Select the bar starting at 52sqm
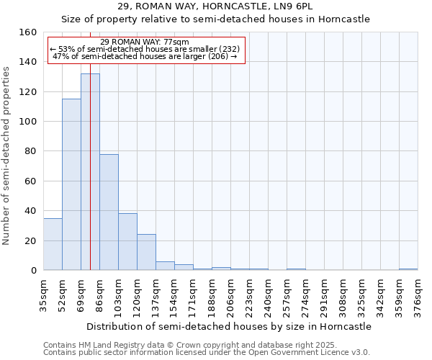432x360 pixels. [x=71, y=184]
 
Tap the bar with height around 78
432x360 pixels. [x=109, y=212]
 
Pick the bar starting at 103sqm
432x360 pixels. [x=127, y=242]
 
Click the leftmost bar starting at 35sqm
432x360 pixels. [x=53, y=244]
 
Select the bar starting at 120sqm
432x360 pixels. [x=146, y=252]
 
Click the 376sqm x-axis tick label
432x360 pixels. [x=418, y=297]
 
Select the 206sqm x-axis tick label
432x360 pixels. [x=230, y=297]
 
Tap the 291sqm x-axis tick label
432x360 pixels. [x=324, y=297]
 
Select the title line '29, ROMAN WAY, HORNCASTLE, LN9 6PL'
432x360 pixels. [x=215, y=6]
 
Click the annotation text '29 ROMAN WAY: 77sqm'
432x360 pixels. [x=145, y=42]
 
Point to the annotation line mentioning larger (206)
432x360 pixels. [x=145, y=57]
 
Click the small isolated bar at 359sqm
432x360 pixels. [x=408, y=269]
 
